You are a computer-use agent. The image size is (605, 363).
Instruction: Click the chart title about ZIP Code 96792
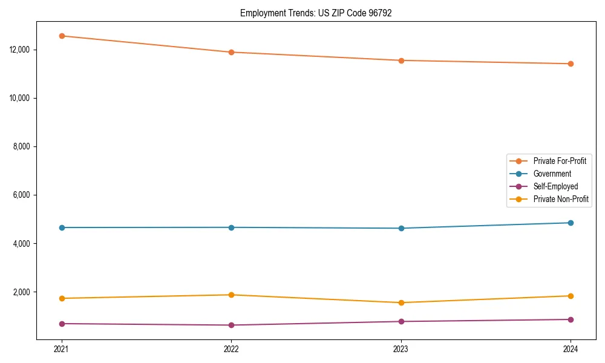tap(316, 13)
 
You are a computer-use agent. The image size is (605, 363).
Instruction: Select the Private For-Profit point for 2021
tap(62, 36)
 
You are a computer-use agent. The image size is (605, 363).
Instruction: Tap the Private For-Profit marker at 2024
tap(571, 64)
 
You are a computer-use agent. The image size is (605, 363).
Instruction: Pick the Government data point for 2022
tap(231, 227)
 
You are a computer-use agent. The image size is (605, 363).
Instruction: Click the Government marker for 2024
tap(571, 223)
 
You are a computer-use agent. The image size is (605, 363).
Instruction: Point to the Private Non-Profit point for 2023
tap(401, 302)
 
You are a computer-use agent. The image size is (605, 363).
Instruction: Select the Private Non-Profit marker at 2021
tap(62, 298)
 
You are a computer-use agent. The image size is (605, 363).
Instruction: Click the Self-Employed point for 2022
tap(231, 325)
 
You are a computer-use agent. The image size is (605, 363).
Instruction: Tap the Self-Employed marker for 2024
tap(571, 319)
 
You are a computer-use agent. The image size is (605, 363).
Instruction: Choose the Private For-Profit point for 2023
tap(401, 60)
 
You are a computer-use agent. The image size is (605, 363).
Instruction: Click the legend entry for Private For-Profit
tap(559, 161)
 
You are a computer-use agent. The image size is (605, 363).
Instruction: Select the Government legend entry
tap(552, 174)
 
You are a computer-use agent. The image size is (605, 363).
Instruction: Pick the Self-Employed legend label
tap(555, 186)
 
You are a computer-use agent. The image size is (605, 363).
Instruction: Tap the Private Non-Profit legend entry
tap(561, 199)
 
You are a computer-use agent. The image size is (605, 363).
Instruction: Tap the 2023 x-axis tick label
tap(401, 349)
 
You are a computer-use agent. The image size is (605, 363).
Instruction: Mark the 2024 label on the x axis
tap(571, 349)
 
